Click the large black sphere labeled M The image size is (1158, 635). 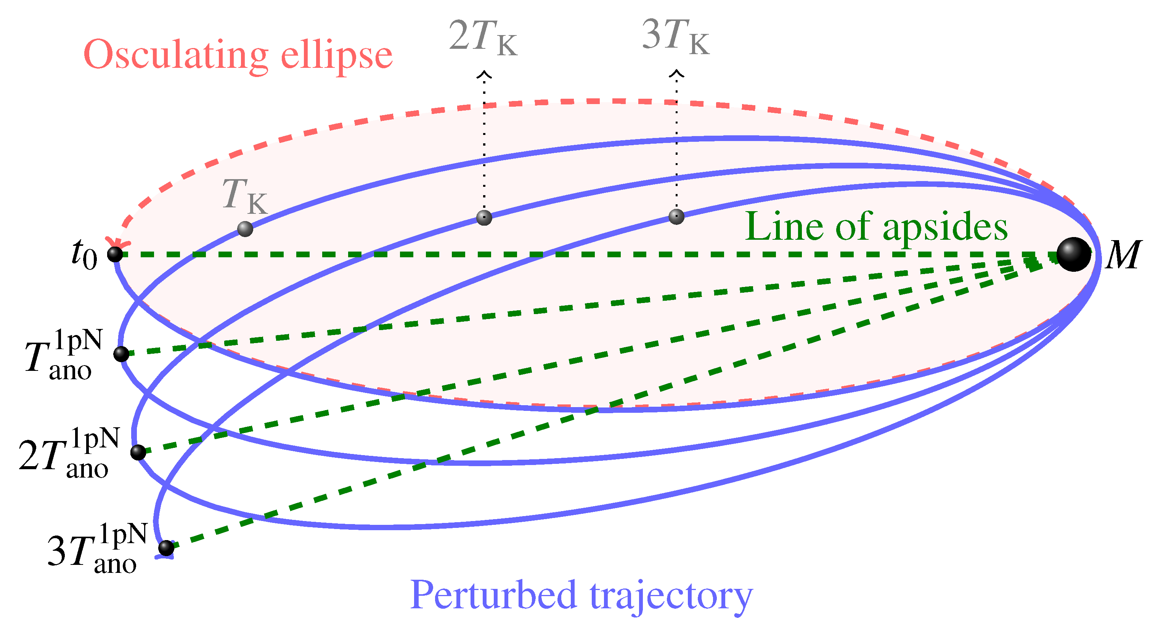[1073, 254]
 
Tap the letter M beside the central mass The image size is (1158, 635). [1122, 255]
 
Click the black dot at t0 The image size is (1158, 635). [115, 254]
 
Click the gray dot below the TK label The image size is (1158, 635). [245, 229]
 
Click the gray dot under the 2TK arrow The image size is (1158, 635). [484, 218]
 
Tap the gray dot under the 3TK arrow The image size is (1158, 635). [676, 216]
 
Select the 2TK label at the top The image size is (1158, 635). [483, 38]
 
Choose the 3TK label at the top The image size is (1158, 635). [676, 37]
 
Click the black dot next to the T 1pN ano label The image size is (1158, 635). [121, 354]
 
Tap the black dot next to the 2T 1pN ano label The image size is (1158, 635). [138, 452]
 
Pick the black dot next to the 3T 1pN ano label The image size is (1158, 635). [166, 548]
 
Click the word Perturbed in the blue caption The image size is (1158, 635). [493, 595]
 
